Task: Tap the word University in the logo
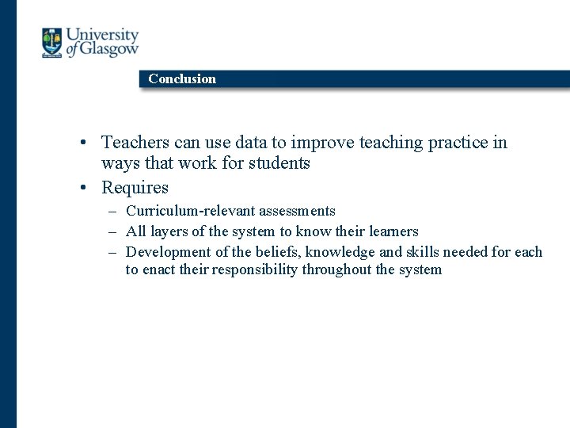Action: point(102,36)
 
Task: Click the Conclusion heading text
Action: point(182,78)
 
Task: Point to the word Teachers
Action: point(135,143)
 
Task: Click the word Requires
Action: point(135,188)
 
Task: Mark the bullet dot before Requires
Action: point(82,189)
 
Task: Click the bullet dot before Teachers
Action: point(82,143)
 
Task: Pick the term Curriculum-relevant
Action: point(186,211)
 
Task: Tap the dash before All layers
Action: point(114,232)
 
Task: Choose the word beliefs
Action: point(277,252)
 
